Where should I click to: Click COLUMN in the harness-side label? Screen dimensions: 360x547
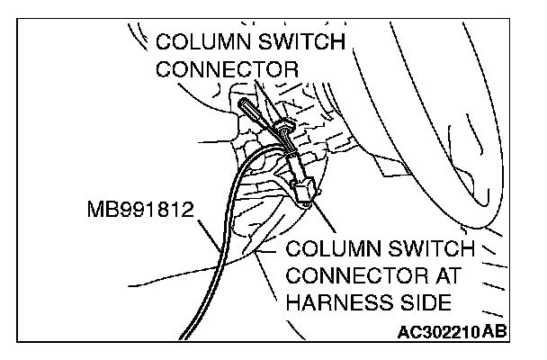327,248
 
